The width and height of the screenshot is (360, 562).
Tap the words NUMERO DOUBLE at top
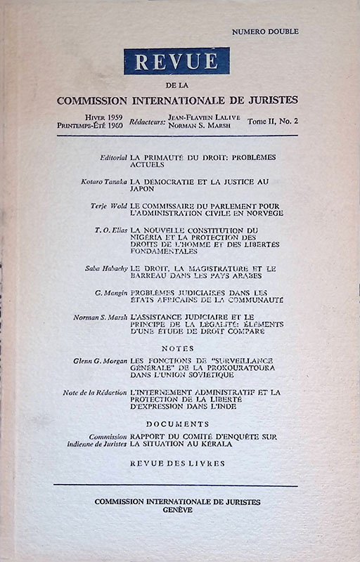click(264, 32)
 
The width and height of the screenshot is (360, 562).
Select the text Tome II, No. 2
click(274, 122)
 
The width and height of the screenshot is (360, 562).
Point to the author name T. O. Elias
click(110, 230)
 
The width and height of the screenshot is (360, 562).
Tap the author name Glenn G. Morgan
click(101, 360)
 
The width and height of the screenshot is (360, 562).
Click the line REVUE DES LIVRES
click(177, 463)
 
